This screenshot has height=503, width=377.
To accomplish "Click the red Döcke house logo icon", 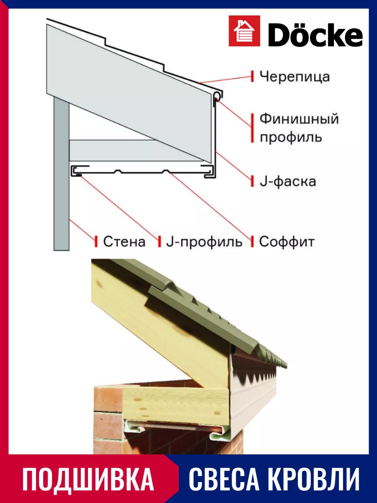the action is pyautogui.click(x=244, y=31).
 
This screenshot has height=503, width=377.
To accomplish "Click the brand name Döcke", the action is pyautogui.click(x=315, y=34).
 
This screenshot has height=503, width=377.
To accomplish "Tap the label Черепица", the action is pyautogui.click(x=294, y=77).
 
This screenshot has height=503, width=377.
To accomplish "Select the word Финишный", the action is pyautogui.click(x=299, y=119).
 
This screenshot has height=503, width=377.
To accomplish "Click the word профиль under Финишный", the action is pyautogui.click(x=291, y=137).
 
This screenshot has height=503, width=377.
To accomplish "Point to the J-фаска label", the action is pyautogui.click(x=288, y=181).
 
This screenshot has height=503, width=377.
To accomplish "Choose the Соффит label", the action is pyautogui.click(x=287, y=241).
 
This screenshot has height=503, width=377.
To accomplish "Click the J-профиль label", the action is pyautogui.click(x=204, y=241).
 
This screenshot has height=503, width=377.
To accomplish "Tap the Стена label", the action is pyautogui.click(x=124, y=241).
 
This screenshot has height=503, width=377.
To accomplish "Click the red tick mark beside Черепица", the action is pyautogui.click(x=252, y=76).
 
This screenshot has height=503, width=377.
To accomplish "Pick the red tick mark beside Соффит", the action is pyautogui.click(x=252, y=241).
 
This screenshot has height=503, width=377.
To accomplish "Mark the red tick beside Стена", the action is pyautogui.click(x=96, y=241).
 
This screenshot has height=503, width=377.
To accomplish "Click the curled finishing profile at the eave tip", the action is pyautogui.click(x=218, y=96).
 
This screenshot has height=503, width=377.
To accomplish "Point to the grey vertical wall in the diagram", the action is pyautogui.click(x=62, y=174).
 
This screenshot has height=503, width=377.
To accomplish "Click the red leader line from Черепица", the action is pyautogui.click(x=225, y=80).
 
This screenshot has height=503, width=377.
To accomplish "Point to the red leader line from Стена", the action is pyautogui.click(x=82, y=230).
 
